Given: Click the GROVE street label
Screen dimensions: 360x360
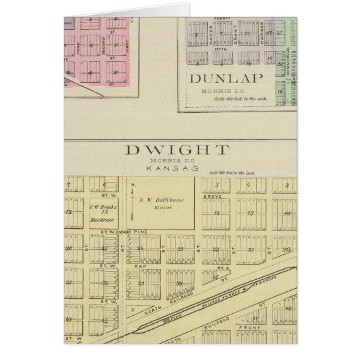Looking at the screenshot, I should point(217,198).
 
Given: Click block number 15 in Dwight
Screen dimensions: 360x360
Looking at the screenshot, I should point(251,213).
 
